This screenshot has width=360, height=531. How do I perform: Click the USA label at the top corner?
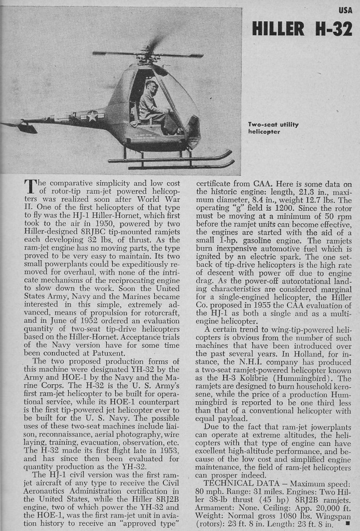(345, 10)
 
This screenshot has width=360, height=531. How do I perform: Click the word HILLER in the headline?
(279, 29)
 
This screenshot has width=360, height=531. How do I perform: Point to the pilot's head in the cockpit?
(150, 86)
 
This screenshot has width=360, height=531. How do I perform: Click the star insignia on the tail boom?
(92, 116)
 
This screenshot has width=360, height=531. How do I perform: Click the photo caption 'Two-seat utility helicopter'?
(273, 128)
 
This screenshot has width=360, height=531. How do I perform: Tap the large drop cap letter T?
(30, 188)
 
